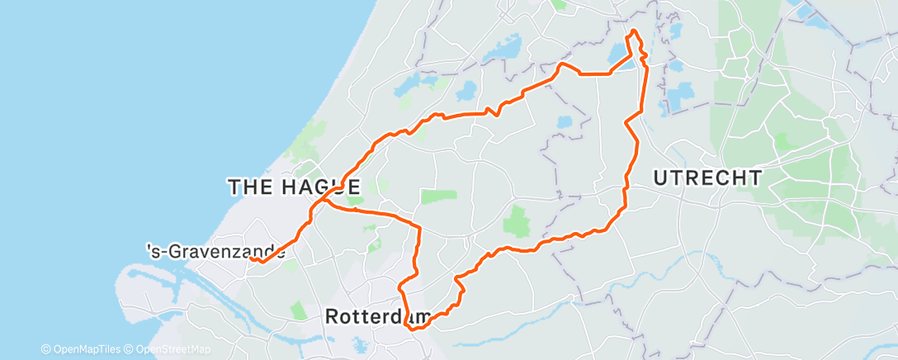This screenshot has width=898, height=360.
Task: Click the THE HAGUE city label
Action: (x=294, y=187)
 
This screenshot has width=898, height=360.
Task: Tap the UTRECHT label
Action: (x=707, y=178)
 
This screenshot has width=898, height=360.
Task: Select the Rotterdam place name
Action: (x=379, y=316)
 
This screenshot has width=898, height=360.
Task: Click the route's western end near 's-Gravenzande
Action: (x=250, y=259)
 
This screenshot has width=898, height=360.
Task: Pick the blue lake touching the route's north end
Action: (x=619, y=55)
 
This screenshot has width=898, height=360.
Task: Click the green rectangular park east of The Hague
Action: (x=438, y=196)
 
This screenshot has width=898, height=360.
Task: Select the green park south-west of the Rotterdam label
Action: (x=298, y=310)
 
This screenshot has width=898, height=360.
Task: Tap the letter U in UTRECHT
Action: (x=660, y=178)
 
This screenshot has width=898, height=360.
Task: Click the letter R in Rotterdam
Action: (x=333, y=316)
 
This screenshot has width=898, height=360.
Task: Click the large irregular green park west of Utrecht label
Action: (x=518, y=221)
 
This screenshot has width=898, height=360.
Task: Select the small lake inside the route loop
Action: (x=565, y=121)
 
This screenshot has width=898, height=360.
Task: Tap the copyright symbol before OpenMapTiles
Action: (x=46, y=348)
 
